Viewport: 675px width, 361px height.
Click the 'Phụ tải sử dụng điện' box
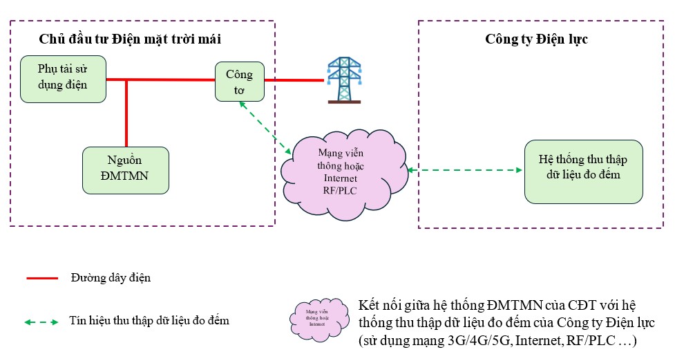pos(63,79)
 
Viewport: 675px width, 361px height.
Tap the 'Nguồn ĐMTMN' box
pos(125,170)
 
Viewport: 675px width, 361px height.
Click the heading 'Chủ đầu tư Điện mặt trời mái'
pos(131,39)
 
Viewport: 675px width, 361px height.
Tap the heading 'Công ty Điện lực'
pos(536,39)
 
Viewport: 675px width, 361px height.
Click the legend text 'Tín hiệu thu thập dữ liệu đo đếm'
pos(149,322)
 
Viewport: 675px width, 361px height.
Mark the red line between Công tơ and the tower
pos(294,80)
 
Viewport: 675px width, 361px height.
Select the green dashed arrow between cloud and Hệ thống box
pos(464,169)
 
